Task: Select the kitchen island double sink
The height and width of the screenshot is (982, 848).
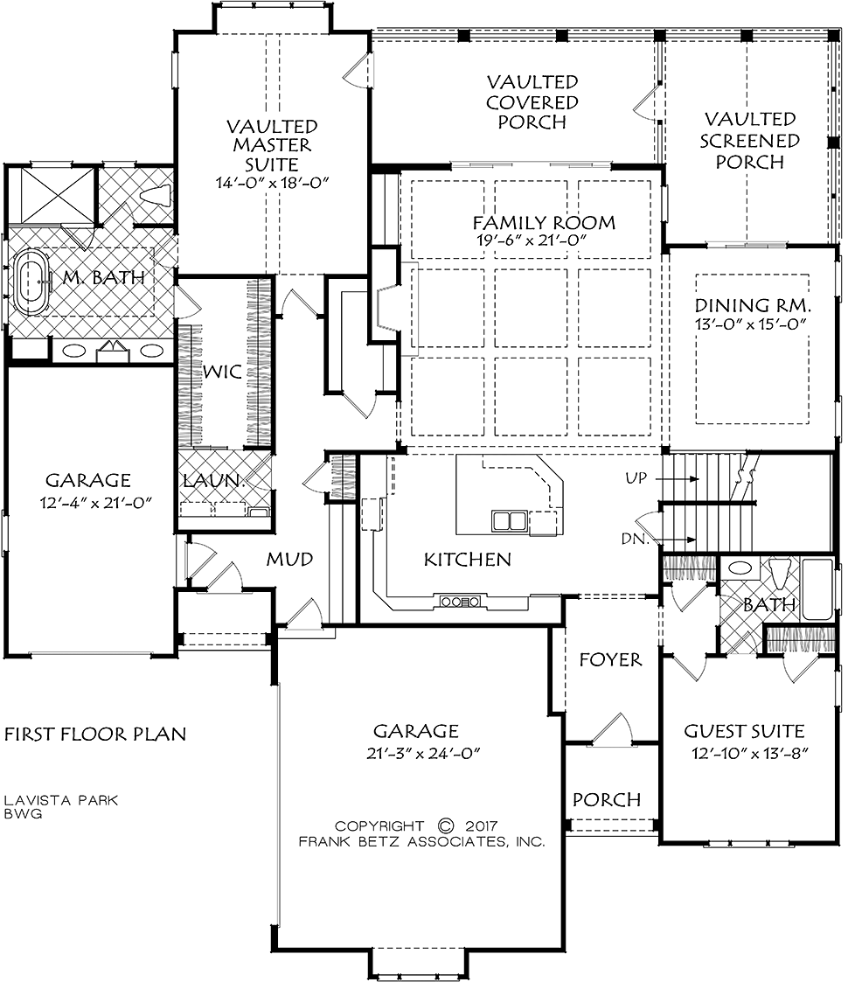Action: tap(510, 521)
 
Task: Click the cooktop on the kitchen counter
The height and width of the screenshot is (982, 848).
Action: tap(460, 602)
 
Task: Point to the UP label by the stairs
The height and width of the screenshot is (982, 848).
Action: tap(636, 478)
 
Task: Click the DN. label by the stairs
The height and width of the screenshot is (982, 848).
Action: tap(635, 538)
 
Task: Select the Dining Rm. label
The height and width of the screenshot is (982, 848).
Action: tap(753, 306)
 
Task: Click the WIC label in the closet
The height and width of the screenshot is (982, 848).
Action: tap(222, 372)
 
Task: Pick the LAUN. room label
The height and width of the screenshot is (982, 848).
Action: tap(213, 481)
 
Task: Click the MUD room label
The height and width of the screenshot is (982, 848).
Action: tap(289, 559)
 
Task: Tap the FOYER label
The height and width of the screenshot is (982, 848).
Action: tap(610, 659)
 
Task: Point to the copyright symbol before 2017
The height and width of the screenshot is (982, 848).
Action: tap(446, 826)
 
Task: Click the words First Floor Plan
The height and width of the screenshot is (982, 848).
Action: tap(95, 734)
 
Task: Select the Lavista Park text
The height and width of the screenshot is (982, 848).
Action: tap(60, 800)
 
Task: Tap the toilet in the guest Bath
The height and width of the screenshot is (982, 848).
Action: tap(781, 575)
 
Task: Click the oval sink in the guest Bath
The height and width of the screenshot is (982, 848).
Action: tap(740, 568)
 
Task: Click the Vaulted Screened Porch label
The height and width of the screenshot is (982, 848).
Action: tap(750, 140)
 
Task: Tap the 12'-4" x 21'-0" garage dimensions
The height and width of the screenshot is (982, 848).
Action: tap(96, 502)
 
